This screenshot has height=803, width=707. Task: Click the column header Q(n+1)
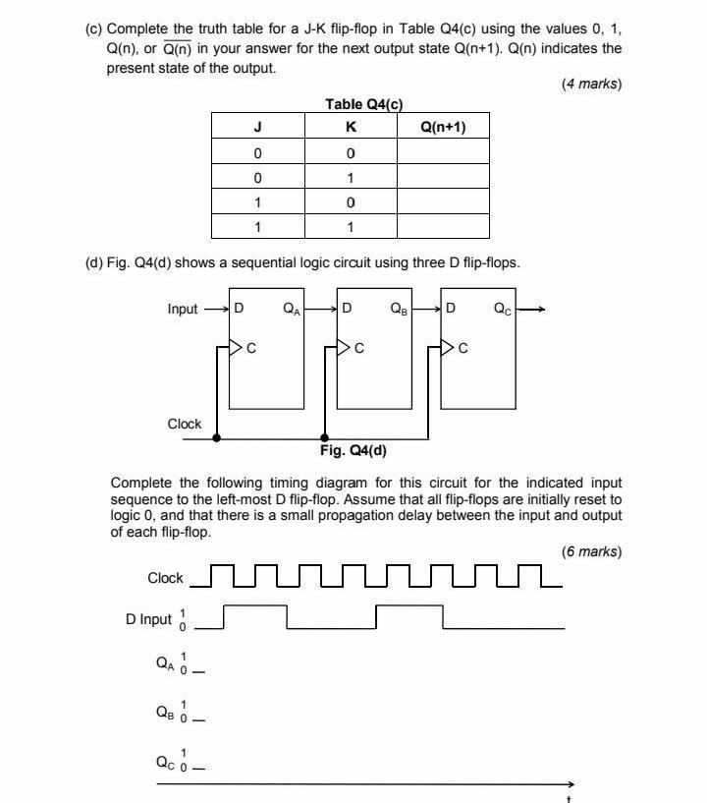[443, 127]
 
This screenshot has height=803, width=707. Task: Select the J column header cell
[257, 127]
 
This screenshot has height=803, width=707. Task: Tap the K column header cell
[351, 127]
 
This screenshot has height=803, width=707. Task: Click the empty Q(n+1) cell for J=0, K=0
[443, 152]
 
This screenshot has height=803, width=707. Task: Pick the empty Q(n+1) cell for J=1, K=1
[443, 228]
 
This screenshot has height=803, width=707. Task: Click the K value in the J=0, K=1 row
[351, 178]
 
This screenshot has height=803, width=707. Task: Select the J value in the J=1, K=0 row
[257, 202]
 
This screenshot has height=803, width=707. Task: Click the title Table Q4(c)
[363, 105]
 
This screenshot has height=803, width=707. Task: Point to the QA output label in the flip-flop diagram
[292, 309]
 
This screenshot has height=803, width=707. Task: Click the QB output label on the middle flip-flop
[399, 309]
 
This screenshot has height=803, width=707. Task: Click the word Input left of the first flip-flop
[183, 309]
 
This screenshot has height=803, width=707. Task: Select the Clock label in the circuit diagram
[185, 424]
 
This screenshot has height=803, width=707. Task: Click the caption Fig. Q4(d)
[353, 451]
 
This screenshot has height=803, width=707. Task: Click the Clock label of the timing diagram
[165, 578]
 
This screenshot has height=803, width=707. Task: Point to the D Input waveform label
[148, 619]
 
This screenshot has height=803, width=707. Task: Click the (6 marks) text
[591, 551]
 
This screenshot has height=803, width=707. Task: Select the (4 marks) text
[591, 85]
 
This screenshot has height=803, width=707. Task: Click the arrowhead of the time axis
[572, 783]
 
